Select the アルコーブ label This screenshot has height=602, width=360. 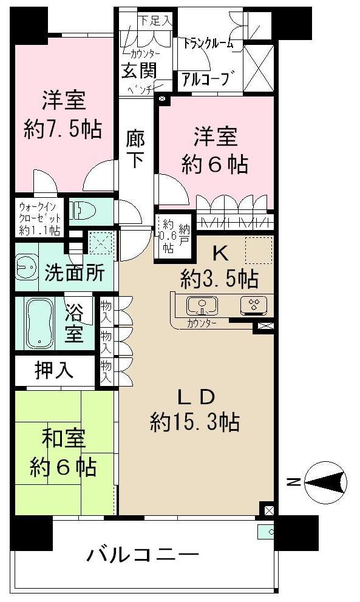(205, 79)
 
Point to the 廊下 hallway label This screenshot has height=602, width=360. (135, 149)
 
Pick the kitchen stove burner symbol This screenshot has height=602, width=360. (252, 305)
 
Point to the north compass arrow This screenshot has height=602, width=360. (327, 482)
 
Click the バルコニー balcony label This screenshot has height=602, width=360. (143, 554)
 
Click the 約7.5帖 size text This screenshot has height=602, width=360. (63, 128)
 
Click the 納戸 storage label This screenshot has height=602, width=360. (183, 234)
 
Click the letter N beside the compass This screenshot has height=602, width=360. (293, 483)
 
